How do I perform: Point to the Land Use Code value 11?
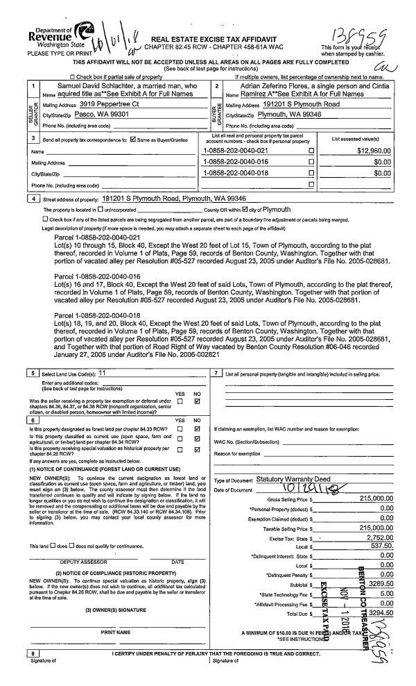(102, 373)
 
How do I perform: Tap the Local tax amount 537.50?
(381, 546)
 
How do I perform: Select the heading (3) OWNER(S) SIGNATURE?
(109, 608)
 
